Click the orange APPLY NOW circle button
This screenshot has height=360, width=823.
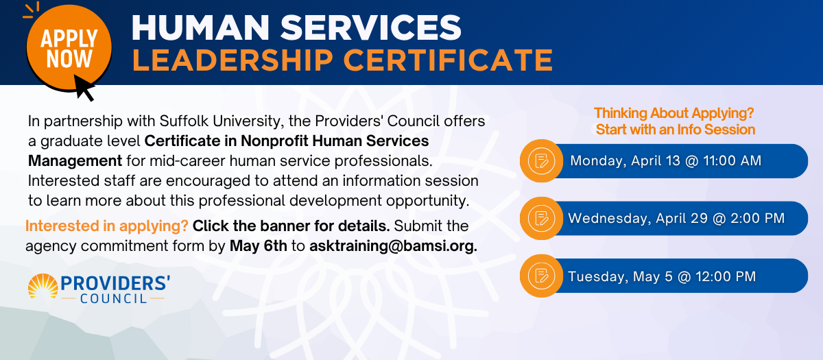coord(69,48)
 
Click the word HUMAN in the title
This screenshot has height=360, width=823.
coord(200,27)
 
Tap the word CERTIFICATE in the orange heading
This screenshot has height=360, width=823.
coord(448,60)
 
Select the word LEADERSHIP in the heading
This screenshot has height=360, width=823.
coord(232,60)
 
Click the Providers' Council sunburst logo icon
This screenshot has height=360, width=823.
coord(43,286)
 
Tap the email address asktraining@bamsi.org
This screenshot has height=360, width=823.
coord(393,245)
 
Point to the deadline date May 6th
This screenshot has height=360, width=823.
coord(259,245)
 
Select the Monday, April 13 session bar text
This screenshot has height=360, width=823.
coord(665,161)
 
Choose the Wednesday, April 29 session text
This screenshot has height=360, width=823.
coord(676,218)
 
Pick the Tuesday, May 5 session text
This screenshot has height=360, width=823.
coord(662,276)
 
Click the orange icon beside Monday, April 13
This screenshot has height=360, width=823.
coord(541,161)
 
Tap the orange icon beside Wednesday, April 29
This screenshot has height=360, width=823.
coord(541,218)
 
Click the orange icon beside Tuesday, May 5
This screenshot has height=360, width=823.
coord(541,276)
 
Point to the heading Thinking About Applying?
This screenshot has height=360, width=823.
coord(673,113)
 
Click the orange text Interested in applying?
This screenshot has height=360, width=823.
coord(107,226)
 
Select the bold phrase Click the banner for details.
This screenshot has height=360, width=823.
coord(291,226)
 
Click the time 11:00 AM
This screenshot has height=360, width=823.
coord(732,161)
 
